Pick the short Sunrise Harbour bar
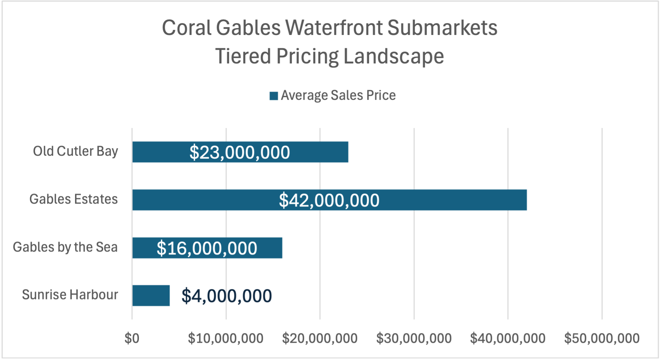coord(151,295)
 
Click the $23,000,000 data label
coord(240,152)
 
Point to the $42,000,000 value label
coord(329,200)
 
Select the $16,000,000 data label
coord(207,248)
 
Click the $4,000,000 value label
coord(226,296)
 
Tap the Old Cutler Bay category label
coord(75,151)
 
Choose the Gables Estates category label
coord(74,199)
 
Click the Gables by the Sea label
coord(65,247)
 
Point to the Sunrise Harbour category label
coord(70,295)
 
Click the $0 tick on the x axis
coord(132,338)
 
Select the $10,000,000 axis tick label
coord(226,338)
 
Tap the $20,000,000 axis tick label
coord(320,338)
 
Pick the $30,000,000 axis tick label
coord(414,338)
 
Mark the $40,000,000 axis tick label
coord(508,338)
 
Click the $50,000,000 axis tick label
coord(602,338)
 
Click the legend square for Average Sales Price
coord(274,96)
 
